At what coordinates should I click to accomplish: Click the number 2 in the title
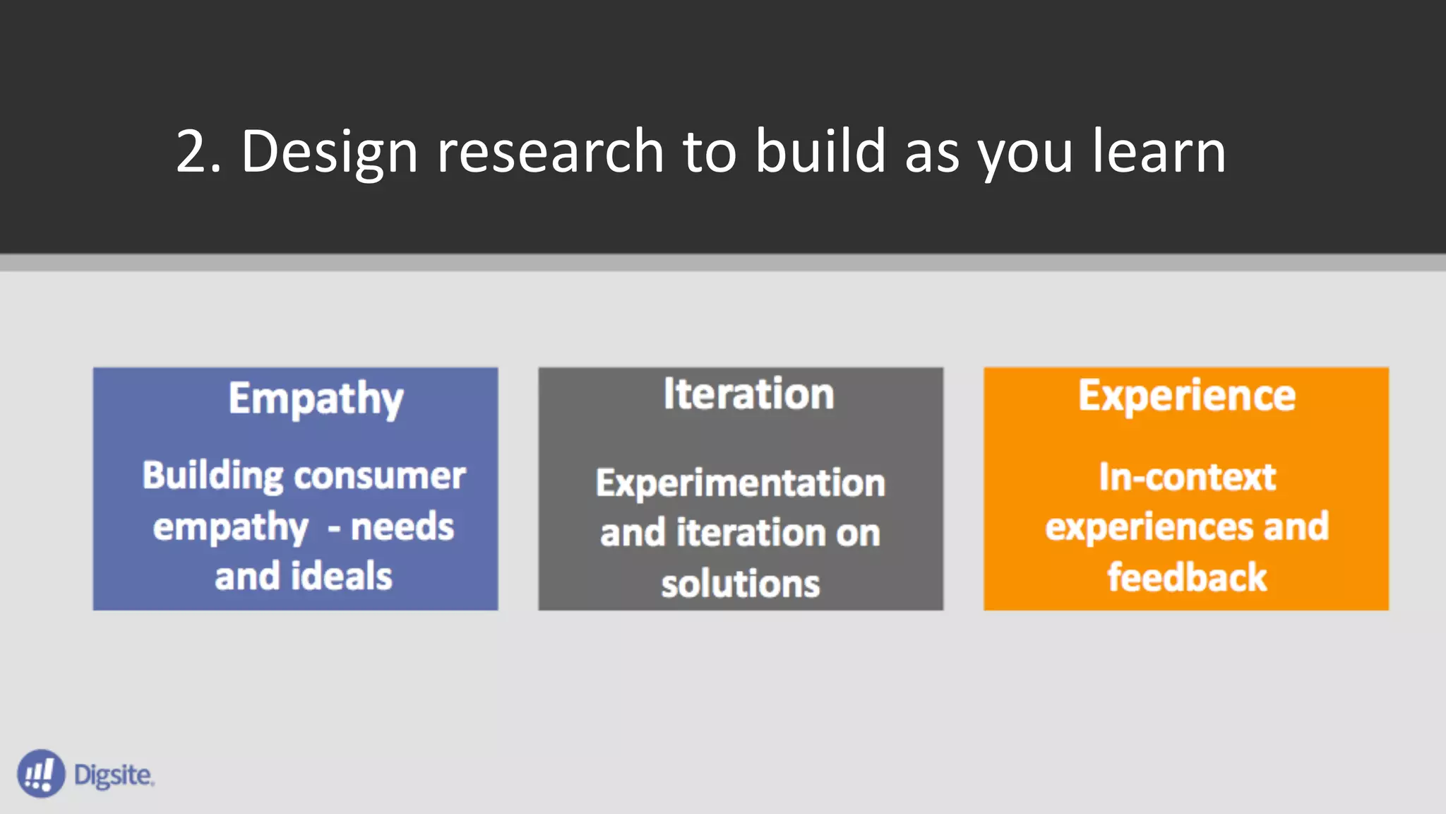click(x=192, y=151)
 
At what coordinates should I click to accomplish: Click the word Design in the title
click(x=329, y=151)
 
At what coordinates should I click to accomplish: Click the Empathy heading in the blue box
click(x=316, y=399)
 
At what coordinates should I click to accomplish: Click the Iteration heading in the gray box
click(x=748, y=394)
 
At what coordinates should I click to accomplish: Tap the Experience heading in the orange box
click(x=1186, y=396)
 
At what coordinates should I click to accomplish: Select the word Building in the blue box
click(x=213, y=476)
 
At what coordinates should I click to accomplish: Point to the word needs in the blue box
click(x=402, y=527)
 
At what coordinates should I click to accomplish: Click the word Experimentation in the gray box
click(x=740, y=483)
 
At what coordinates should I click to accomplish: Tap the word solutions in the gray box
click(x=740, y=584)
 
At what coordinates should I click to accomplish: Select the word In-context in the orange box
click(x=1187, y=477)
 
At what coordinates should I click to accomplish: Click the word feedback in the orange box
click(x=1187, y=577)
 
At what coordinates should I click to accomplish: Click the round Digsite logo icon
click(x=41, y=774)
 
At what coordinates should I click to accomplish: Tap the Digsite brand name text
click(x=113, y=775)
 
